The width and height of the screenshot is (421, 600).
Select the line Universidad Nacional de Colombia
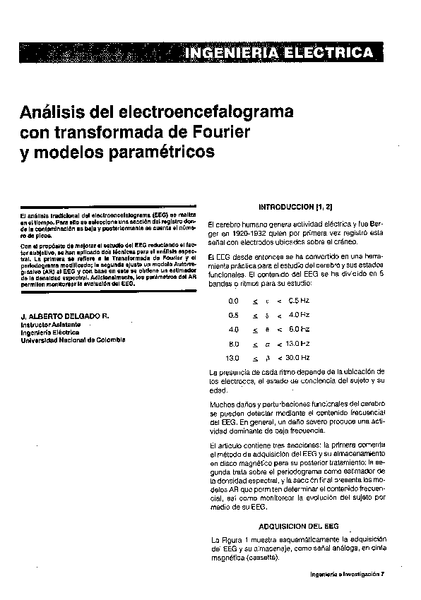[x=73, y=340]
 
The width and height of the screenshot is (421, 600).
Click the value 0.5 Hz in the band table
[x=300, y=300]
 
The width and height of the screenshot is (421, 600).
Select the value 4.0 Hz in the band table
[x=300, y=314]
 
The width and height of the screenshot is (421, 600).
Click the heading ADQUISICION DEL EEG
[x=299, y=526]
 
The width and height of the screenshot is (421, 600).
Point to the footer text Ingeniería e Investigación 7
[x=347, y=574]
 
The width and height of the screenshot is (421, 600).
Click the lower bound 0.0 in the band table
[x=234, y=300]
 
